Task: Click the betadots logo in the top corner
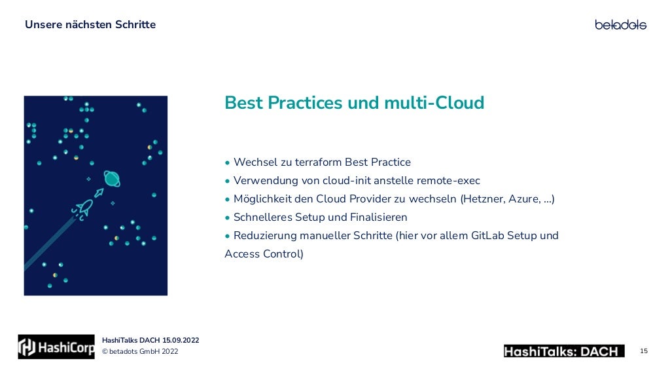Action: coord(620,25)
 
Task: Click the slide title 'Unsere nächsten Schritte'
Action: coord(90,25)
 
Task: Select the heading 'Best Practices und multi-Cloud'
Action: coord(354,103)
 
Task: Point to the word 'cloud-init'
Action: coord(347,180)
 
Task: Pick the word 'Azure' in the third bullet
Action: coord(524,199)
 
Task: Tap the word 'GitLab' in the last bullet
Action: coord(489,235)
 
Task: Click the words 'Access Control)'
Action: coord(264,254)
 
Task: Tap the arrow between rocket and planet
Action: coord(99,193)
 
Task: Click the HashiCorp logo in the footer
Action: coord(56,347)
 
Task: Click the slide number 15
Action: coord(644,351)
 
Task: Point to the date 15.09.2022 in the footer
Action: coord(181,340)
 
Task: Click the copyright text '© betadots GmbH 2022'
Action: coord(139,352)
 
